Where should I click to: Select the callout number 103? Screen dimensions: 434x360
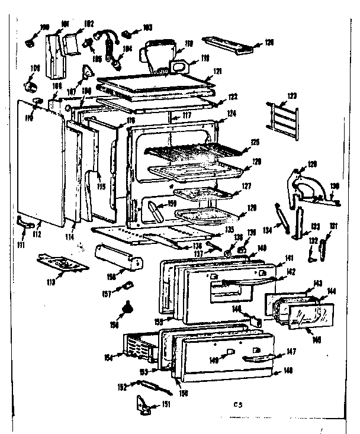(x=147, y=27)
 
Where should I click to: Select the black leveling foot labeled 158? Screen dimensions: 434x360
(x=127, y=308)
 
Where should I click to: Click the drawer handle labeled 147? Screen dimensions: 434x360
(x=258, y=356)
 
